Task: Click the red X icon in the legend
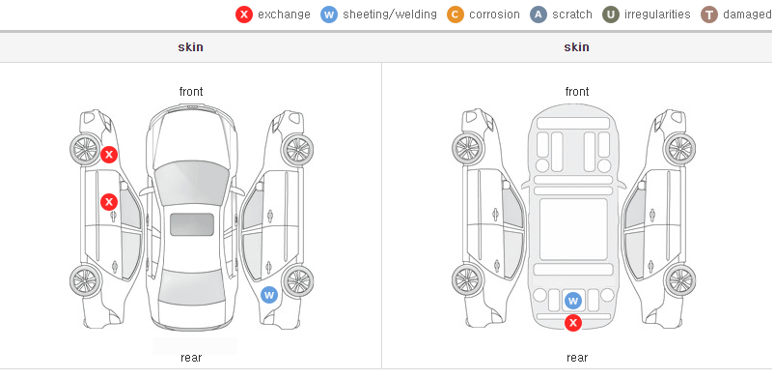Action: click(x=244, y=15)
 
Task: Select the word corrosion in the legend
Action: click(x=494, y=15)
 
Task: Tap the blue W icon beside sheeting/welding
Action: click(x=329, y=15)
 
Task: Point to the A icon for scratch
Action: click(x=539, y=15)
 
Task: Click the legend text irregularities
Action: click(x=657, y=15)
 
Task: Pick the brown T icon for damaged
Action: click(x=708, y=15)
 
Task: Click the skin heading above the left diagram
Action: click(x=190, y=47)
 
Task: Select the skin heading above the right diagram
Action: click(x=576, y=47)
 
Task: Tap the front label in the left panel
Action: click(x=191, y=91)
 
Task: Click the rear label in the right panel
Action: click(x=577, y=357)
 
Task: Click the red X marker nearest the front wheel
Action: click(x=109, y=155)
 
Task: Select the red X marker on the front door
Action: click(x=109, y=202)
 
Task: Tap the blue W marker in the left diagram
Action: click(x=269, y=296)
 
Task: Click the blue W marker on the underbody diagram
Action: click(x=573, y=300)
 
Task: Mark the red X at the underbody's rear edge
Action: click(x=573, y=323)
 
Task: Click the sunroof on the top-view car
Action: click(x=191, y=224)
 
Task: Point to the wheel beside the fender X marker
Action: click(x=86, y=149)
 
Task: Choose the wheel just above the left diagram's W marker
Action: click(x=297, y=281)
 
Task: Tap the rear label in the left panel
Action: click(x=191, y=357)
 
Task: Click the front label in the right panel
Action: click(x=577, y=91)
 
